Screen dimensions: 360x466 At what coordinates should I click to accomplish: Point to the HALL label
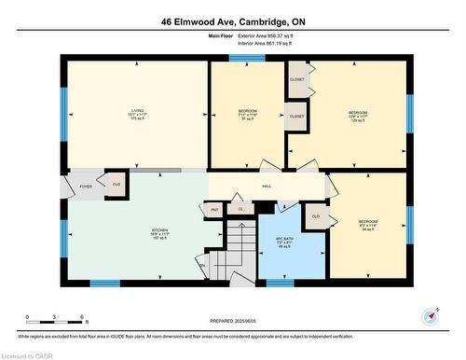coord(267,187)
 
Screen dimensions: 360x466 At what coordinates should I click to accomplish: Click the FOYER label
coord(85,187)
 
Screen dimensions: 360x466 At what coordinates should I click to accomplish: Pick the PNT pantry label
coord(214,210)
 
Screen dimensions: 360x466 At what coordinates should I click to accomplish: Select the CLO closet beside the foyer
coord(116,184)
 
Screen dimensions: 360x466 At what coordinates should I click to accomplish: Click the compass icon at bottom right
coord(430,315)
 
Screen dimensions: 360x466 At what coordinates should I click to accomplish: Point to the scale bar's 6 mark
coord(83,317)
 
